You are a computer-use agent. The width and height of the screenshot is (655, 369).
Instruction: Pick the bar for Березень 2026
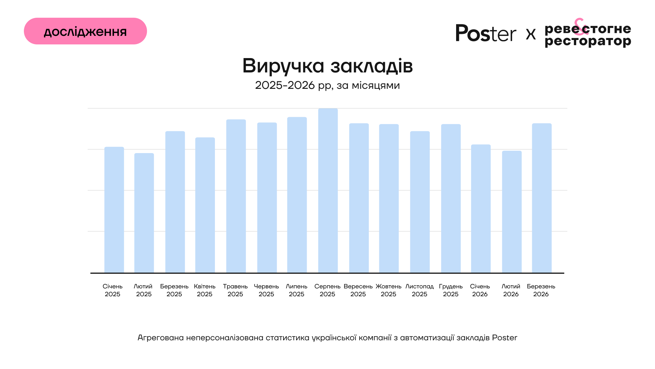click(x=542, y=198)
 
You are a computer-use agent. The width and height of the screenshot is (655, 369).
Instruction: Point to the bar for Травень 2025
click(x=236, y=196)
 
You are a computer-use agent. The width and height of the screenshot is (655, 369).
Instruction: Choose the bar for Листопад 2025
click(x=420, y=202)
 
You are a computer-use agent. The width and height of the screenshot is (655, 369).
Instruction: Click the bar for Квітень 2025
click(x=205, y=205)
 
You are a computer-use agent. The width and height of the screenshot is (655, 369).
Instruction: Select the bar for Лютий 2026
click(x=512, y=212)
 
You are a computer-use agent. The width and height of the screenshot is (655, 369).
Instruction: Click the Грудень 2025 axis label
click(x=451, y=290)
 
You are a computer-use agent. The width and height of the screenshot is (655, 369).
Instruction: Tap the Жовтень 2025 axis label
click(x=389, y=290)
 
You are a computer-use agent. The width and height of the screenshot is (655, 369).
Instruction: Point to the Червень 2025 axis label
click(x=266, y=290)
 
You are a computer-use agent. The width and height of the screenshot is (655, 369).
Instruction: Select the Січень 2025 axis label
click(x=113, y=290)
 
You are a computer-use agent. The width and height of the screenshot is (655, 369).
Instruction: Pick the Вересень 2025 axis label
click(x=358, y=290)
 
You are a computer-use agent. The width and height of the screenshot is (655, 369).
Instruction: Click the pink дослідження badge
click(x=85, y=31)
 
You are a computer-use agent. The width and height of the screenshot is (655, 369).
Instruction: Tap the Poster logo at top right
click(x=486, y=33)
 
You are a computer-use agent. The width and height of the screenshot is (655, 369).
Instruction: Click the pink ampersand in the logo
click(x=580, y=27)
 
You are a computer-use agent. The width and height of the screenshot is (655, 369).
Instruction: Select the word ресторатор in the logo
click(x=588, y=42)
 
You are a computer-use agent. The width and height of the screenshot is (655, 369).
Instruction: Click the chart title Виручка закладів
click(x=327, y=66)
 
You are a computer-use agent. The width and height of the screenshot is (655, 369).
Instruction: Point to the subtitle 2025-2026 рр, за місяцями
click(x=327, y=85)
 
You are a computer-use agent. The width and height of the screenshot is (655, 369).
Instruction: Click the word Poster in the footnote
click(x=505, y=338)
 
